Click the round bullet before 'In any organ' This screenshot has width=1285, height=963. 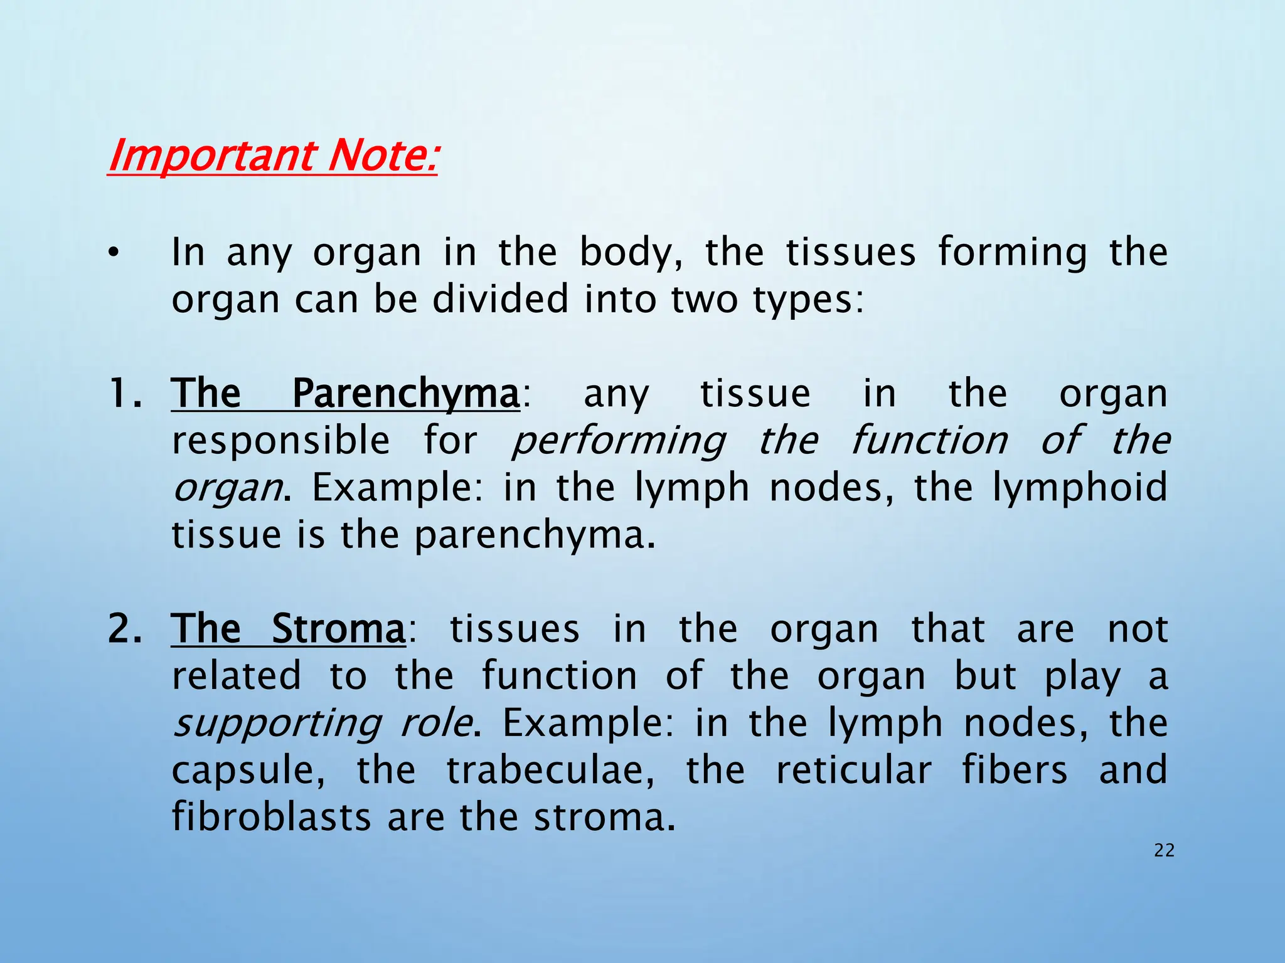tap(112, 253)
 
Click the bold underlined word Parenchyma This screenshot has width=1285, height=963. tap(406, 394)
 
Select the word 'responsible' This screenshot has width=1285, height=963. tap(281, 440)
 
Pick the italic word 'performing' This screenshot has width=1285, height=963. tap(619, 441)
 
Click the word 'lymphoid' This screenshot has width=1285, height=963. tap(1079, 488)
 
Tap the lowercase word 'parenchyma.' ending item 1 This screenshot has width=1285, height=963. tap(535, 535)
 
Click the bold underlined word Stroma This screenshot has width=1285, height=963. tap(338, 629)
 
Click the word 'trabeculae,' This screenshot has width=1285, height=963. tap(550, 770)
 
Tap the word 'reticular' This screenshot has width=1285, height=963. tap(853, 770)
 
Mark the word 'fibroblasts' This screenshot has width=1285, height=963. tap(272, 817)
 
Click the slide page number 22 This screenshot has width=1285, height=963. tap(1164, 851)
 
